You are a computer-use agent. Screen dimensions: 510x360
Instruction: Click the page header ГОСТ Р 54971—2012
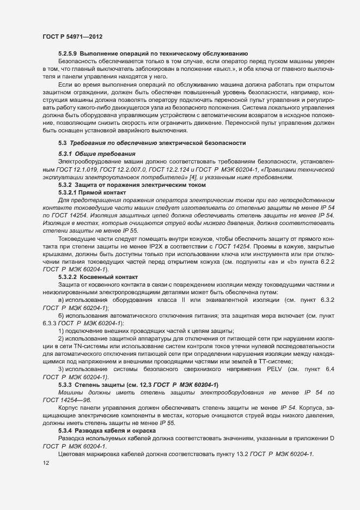coord(72,37)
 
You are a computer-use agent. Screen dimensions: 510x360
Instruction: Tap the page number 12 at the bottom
coord(46,463)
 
